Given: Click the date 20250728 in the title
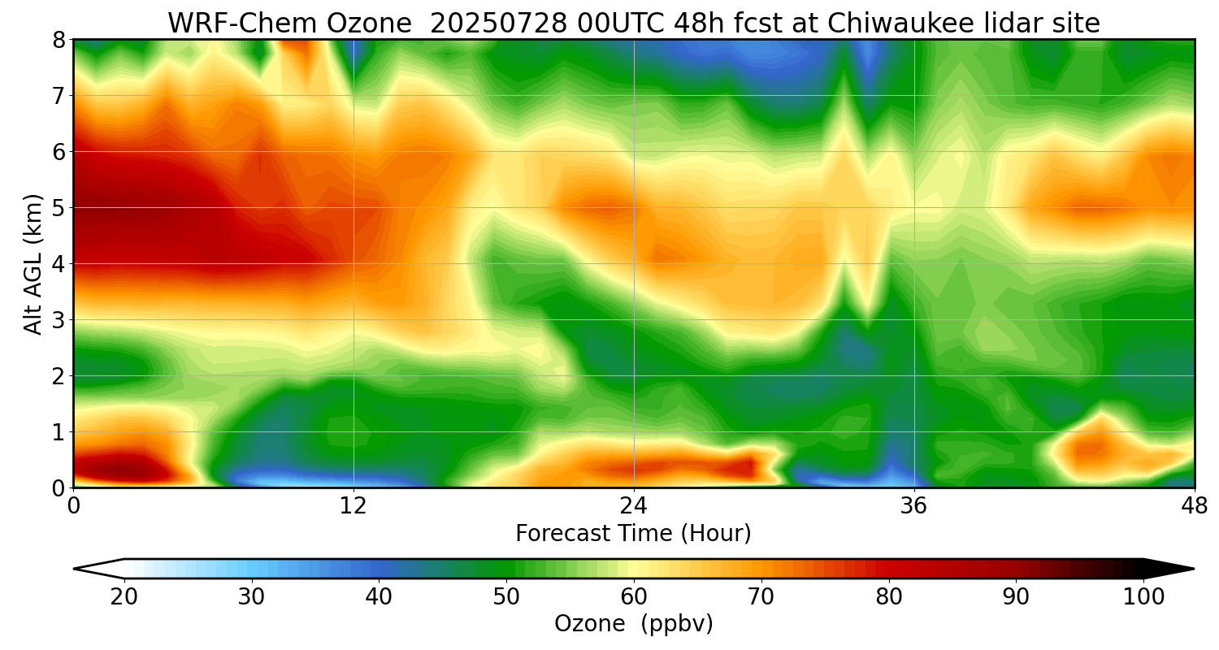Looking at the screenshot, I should pyautogui.click(x=495, y=24).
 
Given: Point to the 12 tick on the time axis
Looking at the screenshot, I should pyautogui.click(x=354, y=506).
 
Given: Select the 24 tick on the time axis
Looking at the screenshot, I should pyautogui.click(x=634, y=506).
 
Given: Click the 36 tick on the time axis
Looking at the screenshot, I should pyautogui.click(x=914, y=506).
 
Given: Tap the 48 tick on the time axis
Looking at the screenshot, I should pyautogui.click(x=1194, y=506).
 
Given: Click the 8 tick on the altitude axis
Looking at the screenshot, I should pyautogui.click(x=59, y=40).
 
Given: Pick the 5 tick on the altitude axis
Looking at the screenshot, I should pyautogui.click(x=59, y=208).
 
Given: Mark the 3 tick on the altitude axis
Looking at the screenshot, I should pyautogui.click(x=59, y=320).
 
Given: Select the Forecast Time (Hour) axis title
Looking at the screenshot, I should pyautogui.click(x=633, y=534).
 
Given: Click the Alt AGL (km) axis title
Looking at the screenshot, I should pyautogui.click(x=33, y=264).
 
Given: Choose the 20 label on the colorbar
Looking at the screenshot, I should pyautogui.click(x=124, y=597).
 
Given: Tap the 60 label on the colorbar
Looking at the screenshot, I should pyautogui.click(x=634, y=597).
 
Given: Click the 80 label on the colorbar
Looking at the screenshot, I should pyautogui.click(x=889, y=597).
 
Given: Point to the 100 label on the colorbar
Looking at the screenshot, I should pyautogui.click(x=1143, y=597).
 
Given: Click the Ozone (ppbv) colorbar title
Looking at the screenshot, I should pyautogui.click(x=633, y=624).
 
